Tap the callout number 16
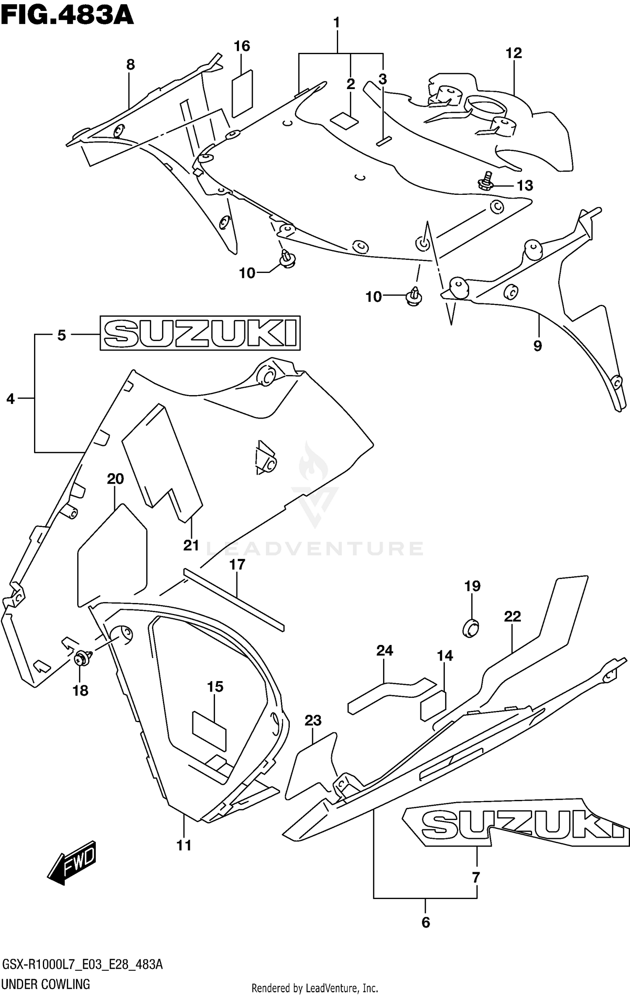(x=242, y=46)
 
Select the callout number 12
(x=514, y=53)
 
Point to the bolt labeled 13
(x=486, y=181)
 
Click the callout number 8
(x=131, y=65)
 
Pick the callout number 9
(x=538, y=346)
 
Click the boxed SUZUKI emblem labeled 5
(x=200, y=333)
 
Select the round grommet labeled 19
(x=471, y=628)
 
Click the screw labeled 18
(x=83, y=658)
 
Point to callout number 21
(x=191, y=545)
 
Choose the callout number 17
(x=237, y=565)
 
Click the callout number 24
(x=385, y=650)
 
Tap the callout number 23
(x=313, y=721)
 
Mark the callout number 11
(x=184, y=845)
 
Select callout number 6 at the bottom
(x=425, y=923)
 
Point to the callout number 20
(x=115, y=479)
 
